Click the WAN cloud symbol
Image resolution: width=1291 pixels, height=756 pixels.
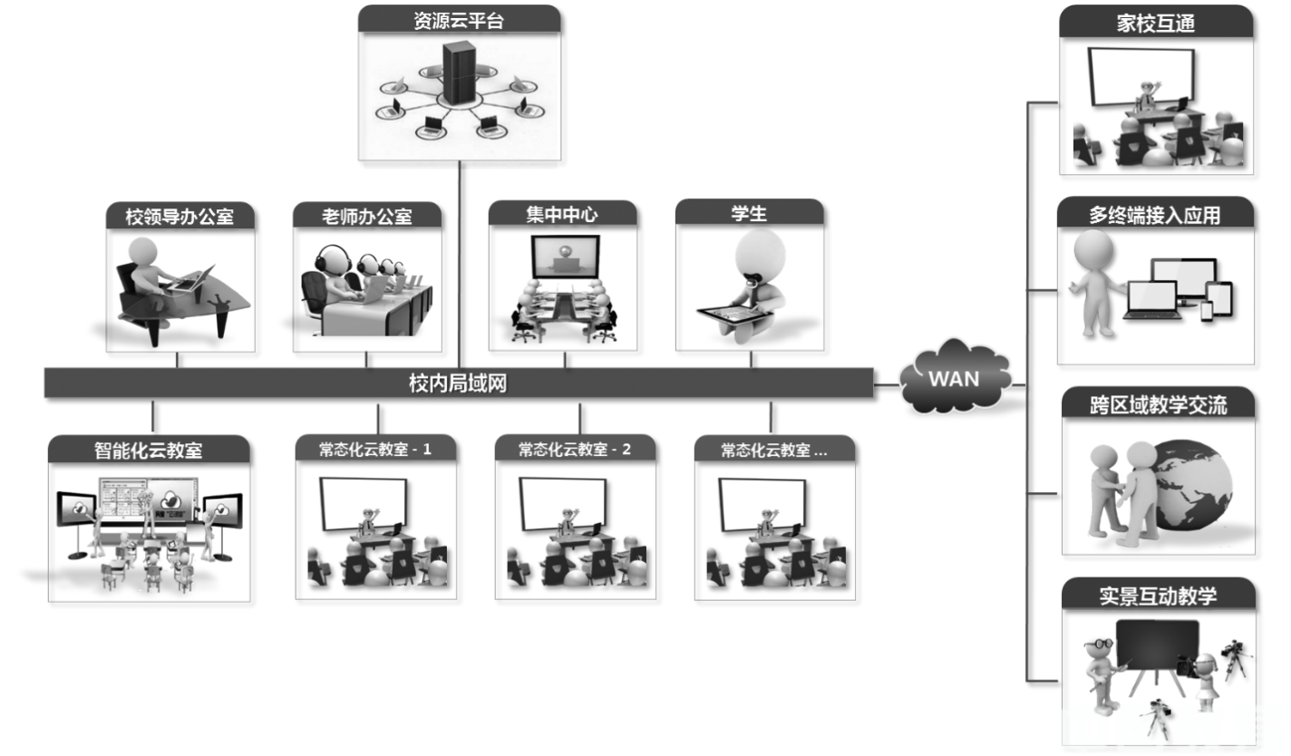[955, 377]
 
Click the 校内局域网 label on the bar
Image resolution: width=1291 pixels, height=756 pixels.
[457, 383]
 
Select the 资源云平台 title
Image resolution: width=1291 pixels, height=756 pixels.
[458, 20]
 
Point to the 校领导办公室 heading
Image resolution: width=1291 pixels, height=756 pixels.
[180, 216]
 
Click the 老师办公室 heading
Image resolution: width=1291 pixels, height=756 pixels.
[366, 216]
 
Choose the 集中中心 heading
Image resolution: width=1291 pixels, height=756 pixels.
[561, 214]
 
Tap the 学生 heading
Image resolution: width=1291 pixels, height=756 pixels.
[749, 213]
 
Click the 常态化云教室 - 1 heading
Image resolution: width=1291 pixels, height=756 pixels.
[375, 449]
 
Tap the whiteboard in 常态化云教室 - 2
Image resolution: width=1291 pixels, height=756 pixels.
[562, 502]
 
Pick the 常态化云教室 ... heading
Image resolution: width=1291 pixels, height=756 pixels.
[773, 450]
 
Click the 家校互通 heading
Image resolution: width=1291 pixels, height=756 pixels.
[1156, 24]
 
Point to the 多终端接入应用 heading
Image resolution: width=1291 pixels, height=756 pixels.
[1155, 215]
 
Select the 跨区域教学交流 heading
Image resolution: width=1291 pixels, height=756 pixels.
[1159, 404]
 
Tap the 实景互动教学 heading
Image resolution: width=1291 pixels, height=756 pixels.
[1158, 595]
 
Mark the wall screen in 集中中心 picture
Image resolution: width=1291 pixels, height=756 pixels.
[566, 256]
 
